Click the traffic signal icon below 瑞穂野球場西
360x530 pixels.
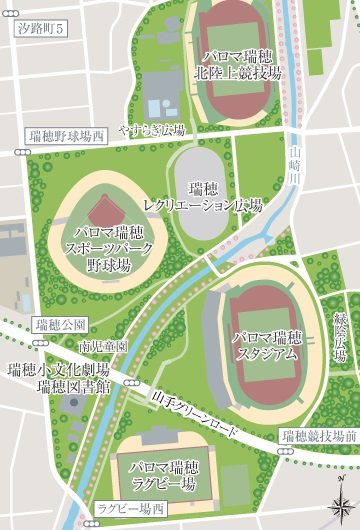(x=21, y=151)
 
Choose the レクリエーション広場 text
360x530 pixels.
(x=202, y=205)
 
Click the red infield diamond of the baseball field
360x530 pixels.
(x=103, y=212)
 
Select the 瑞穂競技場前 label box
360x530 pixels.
(x=318, y=435)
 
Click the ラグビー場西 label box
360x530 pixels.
(x=131, y=509)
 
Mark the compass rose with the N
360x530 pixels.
(x=340, y=505)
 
